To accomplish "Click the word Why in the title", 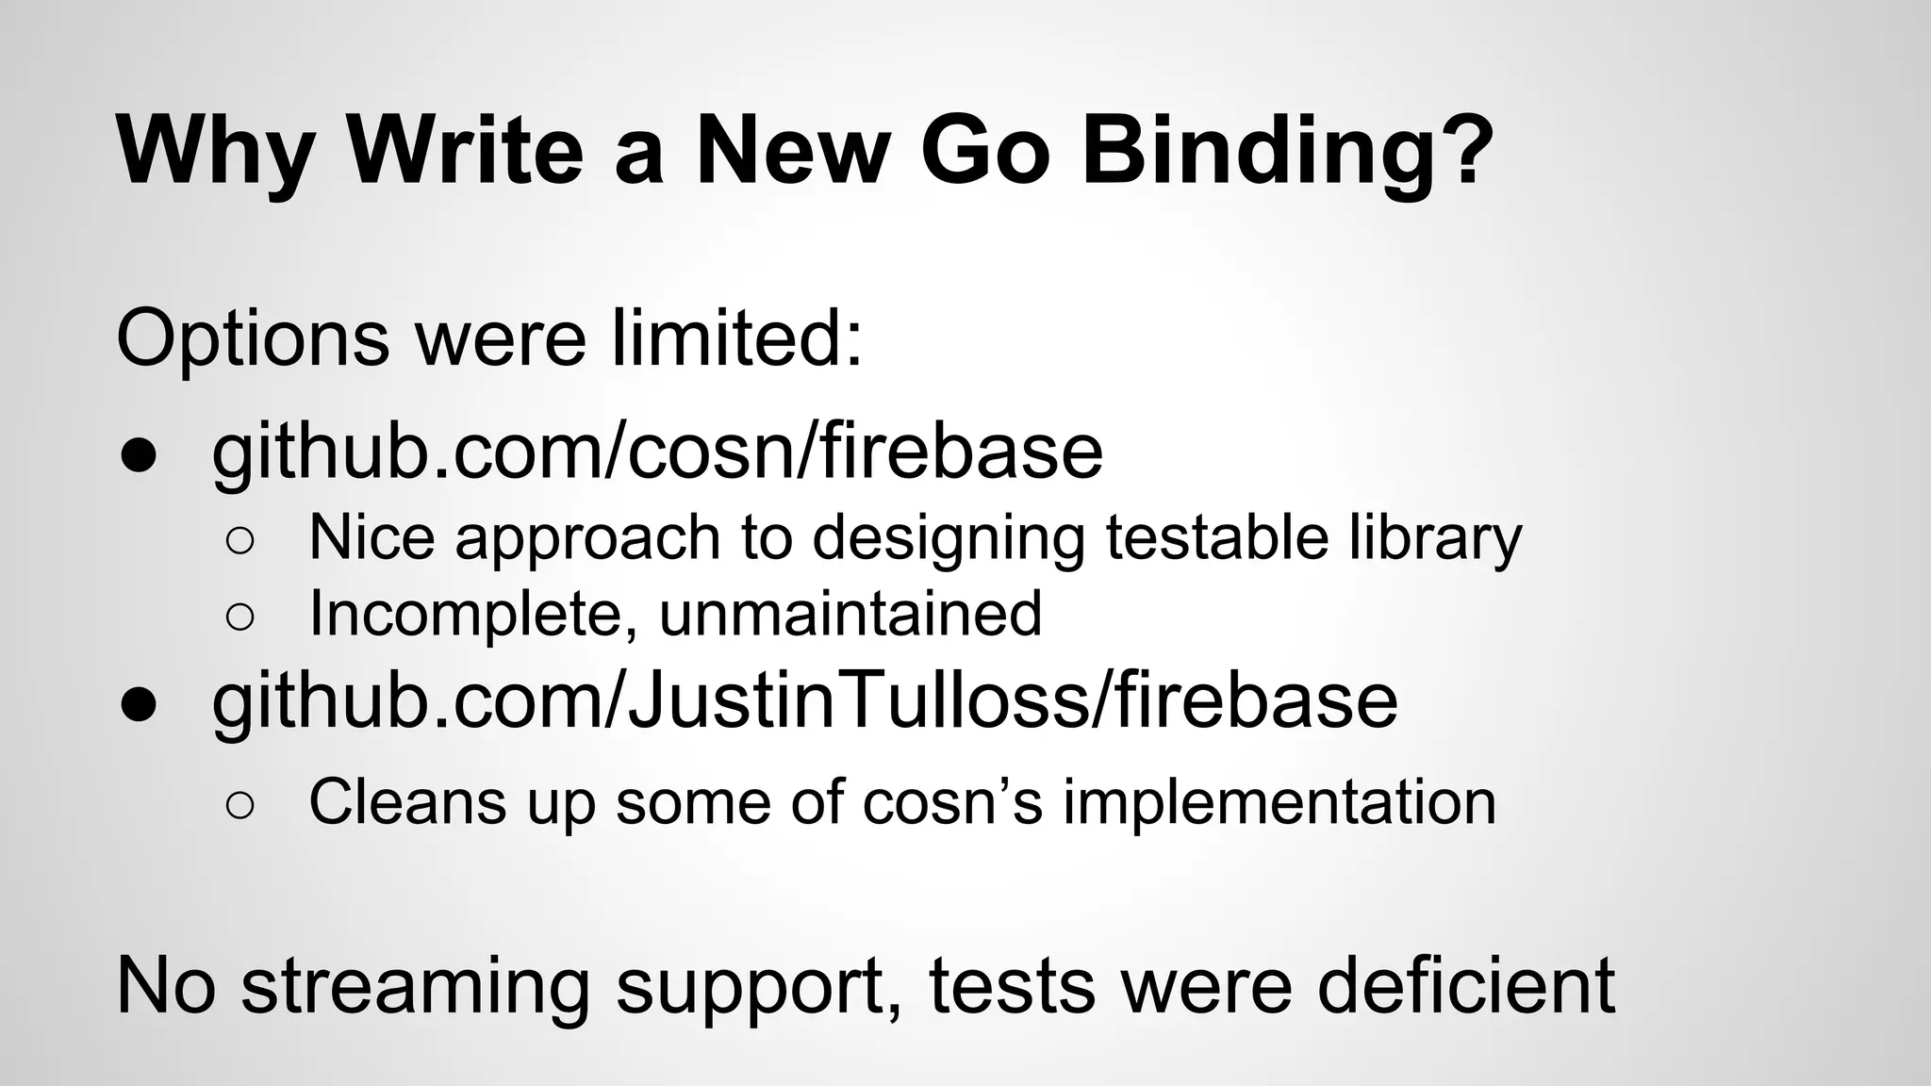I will pyautogui.click(x=214, y=151).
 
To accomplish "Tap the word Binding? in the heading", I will pyautogui.click(x=1288, y=151).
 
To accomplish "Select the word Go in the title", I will pyautogui.click(x=984, y=151).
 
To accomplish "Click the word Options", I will pyautogui.click(x=253, y=339).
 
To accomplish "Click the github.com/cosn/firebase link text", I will pyautogui.click(x=656, y=452).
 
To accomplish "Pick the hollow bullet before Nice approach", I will pyautogui.click(x=240, y=540).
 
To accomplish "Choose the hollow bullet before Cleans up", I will pyautogui.click(x=240, y=805).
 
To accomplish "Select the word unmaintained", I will pyautogui.click(x=850, y=614).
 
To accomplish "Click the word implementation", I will pyautogui.click(x=1279, y=803).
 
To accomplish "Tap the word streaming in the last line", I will pyautogui.click(x=415, y=986).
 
